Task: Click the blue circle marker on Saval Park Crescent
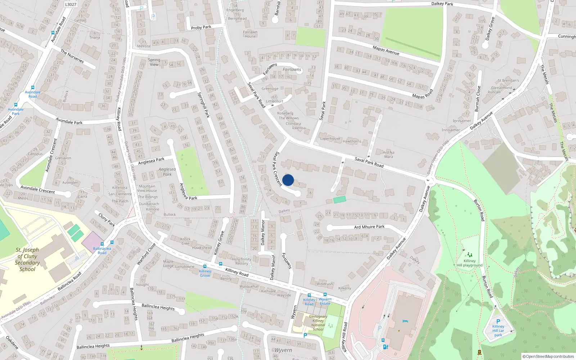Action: (288, 180)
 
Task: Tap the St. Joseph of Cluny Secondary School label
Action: (27, 259)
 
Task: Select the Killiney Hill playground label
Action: (469, 263)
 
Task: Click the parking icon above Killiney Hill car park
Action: (498, 321)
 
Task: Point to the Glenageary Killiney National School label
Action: (318, 323)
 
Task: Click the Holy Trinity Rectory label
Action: (242, 261)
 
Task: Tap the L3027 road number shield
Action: (71, 4)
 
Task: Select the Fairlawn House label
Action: (250, 34)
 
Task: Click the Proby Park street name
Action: (201, 27)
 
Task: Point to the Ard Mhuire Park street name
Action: (369, 227)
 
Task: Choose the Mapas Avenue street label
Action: (386, 50)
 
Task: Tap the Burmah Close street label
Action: (478, 99)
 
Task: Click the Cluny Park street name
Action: (107, 219)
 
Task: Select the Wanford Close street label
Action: (146, 254)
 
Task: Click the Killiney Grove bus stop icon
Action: (205, 266)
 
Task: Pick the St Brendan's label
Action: (508, 80)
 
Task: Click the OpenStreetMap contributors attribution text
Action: (550, 356)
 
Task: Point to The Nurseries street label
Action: (72, 57)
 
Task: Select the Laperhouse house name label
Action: (330, 139)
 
